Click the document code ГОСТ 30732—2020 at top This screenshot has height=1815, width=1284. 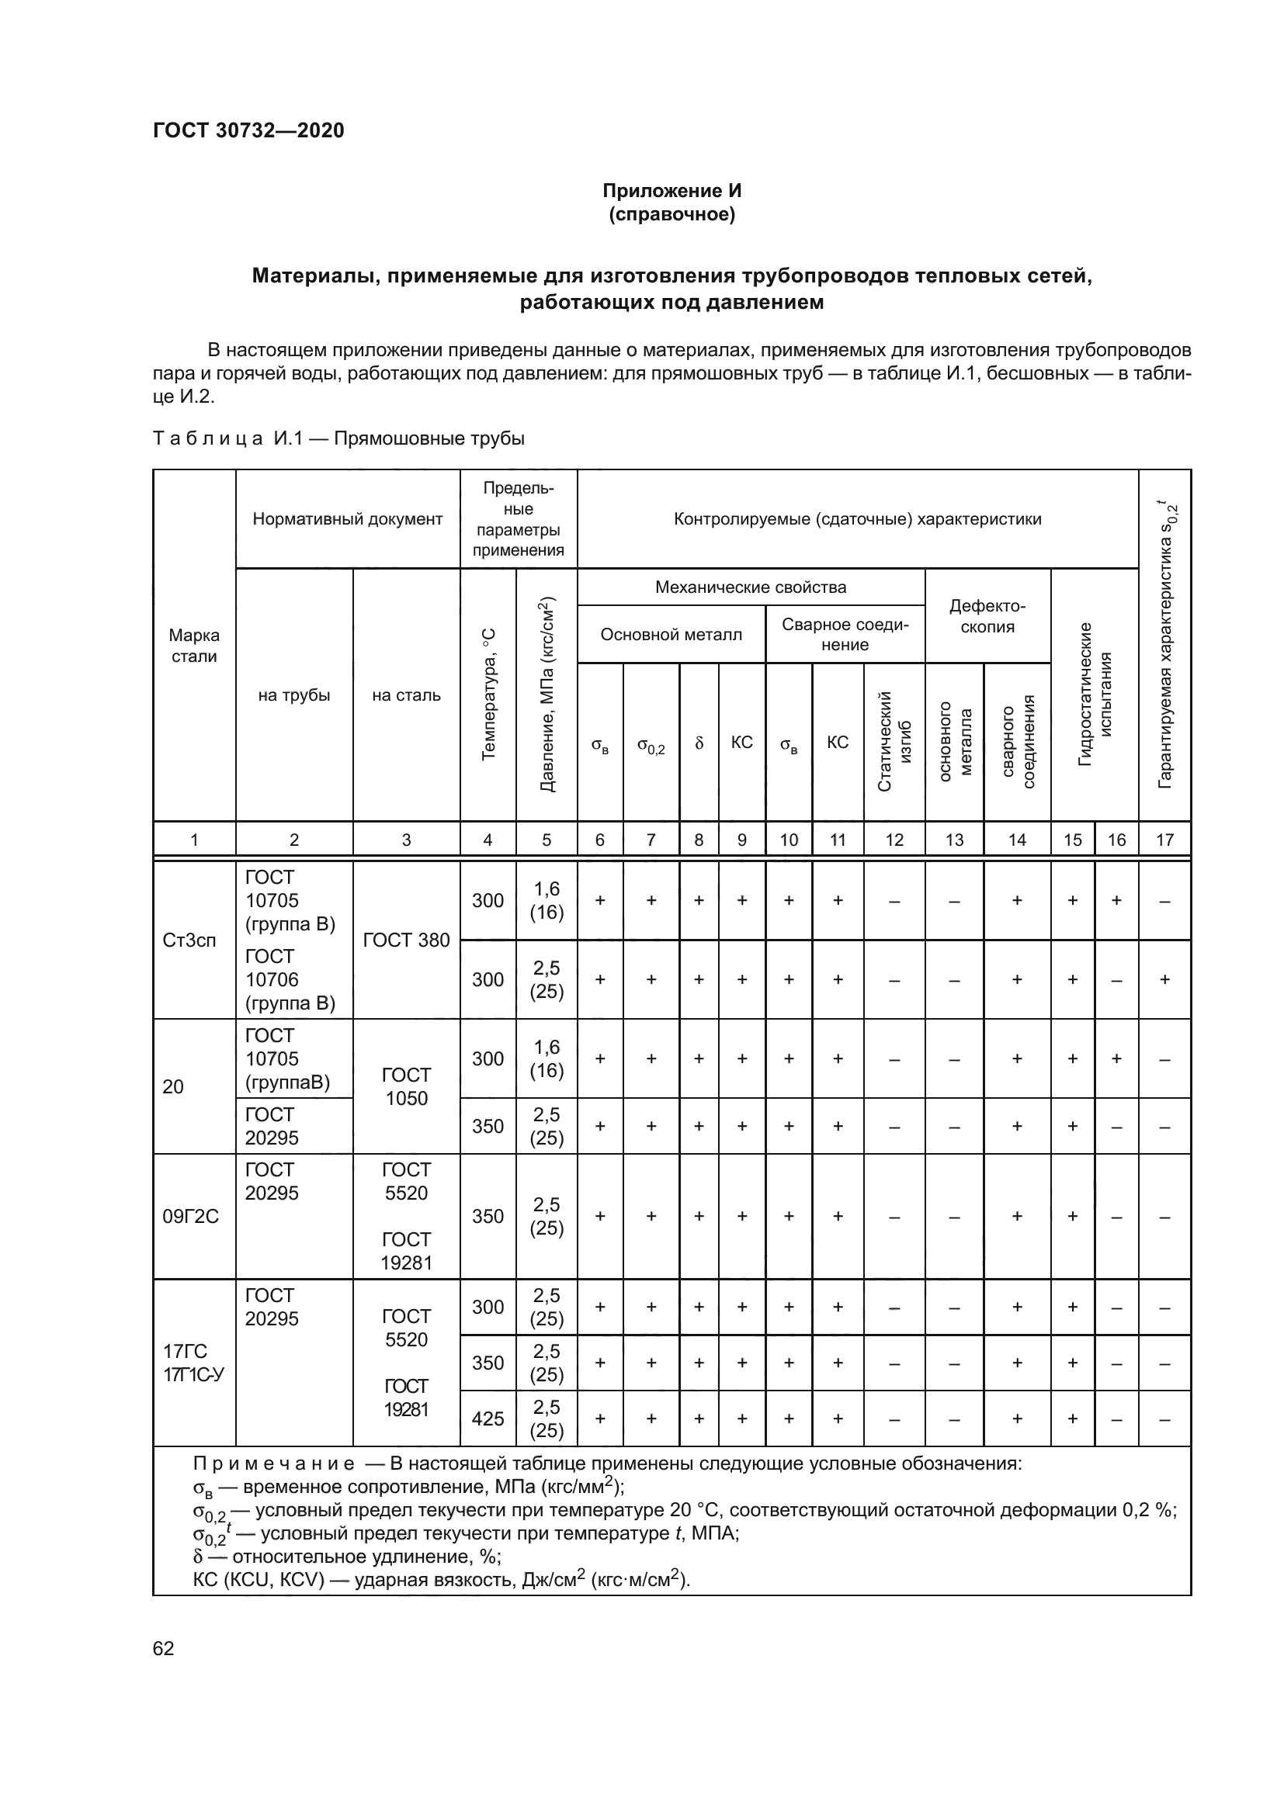(x=248, y=130)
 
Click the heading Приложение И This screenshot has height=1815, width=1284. (x=671, y=191)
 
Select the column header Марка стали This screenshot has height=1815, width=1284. (x=194, y=646)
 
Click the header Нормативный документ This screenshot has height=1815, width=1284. (x=347, y=519)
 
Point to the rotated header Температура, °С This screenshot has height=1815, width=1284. (x=488, y=694)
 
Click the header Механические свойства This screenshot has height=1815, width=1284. (x=750, y=587)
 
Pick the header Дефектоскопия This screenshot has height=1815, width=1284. (x=987, y=617)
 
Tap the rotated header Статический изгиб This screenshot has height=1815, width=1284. (x=894, y=741)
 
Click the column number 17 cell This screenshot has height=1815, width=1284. (x=1164, y=840)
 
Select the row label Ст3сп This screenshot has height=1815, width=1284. (x=189, y=940)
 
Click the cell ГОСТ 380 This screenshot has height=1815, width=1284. (x=405, y=940)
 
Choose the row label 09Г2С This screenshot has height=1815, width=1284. (x=189, y=1217)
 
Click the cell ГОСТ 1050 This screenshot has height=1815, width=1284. (x=405, y=1086)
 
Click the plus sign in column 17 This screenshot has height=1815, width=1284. (x=1164, y=979)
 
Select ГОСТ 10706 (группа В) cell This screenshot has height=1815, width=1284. (x=290, y=979)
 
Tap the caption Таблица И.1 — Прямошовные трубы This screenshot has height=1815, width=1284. (x=338, y=438)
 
